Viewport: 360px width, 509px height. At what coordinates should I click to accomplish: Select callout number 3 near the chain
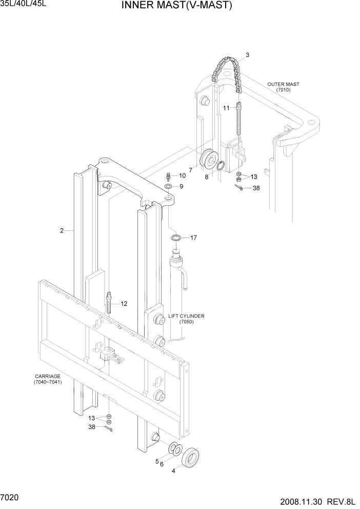tap(247, 55)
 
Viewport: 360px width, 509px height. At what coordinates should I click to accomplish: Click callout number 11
tap(226, 108)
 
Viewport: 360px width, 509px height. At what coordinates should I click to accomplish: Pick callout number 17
tap(193, 238)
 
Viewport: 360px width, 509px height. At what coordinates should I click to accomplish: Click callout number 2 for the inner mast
tap(62, 231)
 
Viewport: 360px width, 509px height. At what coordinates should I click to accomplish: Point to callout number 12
tap(124, 304)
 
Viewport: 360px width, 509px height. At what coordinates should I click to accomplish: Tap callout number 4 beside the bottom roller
tap(173, 470)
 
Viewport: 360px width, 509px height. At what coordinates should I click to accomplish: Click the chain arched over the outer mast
tap(228, 72)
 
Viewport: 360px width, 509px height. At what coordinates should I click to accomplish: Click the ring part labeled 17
tap(176, 238)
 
